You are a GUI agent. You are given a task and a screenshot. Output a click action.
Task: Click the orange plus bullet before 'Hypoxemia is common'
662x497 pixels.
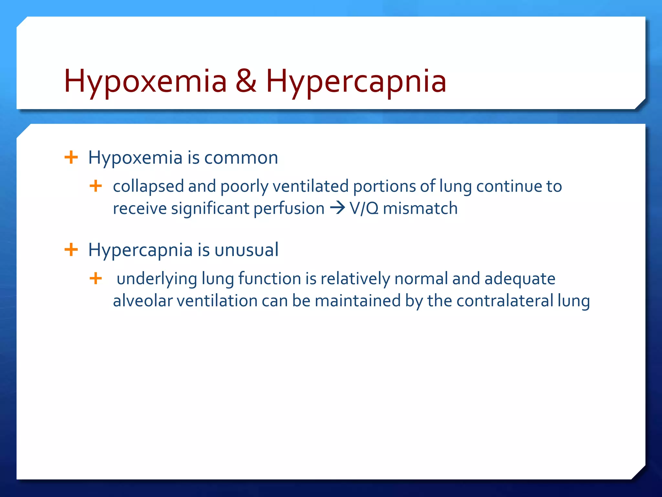pos(71,158)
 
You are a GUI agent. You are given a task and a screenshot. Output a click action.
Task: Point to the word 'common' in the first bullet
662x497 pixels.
pos(241,158)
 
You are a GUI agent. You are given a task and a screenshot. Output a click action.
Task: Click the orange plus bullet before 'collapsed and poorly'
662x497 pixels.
pos(96,186)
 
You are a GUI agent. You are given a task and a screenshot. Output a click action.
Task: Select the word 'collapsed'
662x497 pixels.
pos(148,187)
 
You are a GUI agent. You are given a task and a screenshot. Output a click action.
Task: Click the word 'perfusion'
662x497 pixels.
pos(289,208)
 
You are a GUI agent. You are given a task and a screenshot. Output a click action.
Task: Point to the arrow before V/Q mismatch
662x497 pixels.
pos(337,208)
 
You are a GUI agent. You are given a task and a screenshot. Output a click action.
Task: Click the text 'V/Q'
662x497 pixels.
pos(364,208)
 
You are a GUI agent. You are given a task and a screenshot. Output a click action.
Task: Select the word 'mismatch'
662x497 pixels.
pos(420,208)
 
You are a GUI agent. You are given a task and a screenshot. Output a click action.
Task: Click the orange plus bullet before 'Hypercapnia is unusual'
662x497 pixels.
pos(71,250)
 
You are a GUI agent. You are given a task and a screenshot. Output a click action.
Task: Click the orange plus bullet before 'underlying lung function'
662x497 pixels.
pos(96,278)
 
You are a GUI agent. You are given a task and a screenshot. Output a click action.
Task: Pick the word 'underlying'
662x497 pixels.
pos(157,279)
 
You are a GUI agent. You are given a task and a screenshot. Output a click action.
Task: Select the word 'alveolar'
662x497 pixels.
pos(143,301)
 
